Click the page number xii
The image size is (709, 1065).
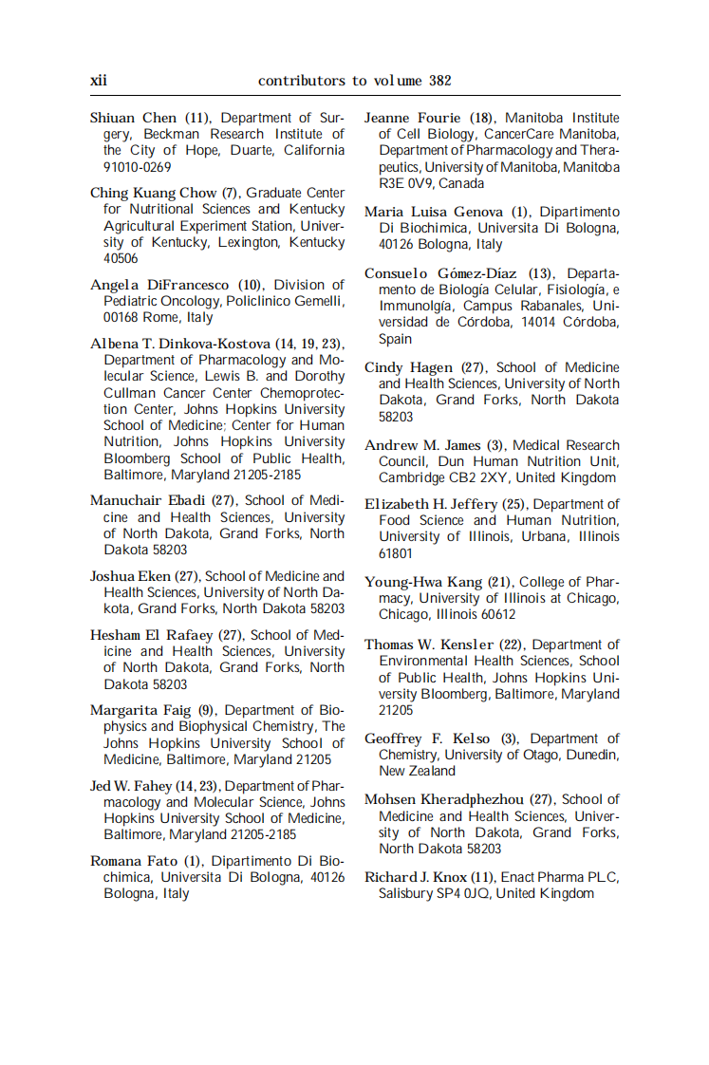99,81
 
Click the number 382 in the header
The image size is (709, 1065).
439,81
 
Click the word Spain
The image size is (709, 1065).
395,339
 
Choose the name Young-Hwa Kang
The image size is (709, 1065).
424,582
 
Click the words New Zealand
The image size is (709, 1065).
417,771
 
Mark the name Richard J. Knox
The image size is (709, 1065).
416,877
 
